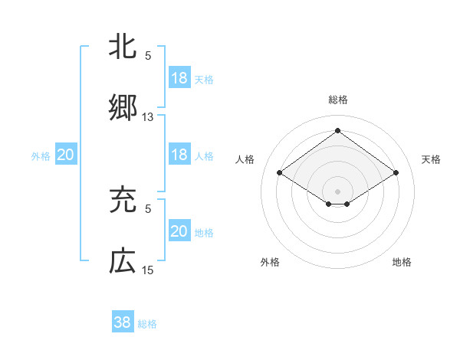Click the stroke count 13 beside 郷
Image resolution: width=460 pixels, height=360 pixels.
148,117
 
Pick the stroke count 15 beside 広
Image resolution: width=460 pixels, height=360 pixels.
148,270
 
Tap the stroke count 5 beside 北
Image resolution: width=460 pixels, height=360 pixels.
148,56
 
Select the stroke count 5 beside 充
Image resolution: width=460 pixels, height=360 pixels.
148,208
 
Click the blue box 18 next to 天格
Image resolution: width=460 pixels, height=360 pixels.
179,78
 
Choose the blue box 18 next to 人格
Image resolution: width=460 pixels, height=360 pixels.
179,155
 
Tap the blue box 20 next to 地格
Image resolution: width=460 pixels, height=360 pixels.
179,231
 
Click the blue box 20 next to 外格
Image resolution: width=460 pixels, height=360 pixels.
66,155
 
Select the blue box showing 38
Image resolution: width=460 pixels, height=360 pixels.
122,322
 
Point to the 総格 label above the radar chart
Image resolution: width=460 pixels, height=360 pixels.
337,100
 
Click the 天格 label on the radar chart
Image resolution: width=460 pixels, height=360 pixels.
431,159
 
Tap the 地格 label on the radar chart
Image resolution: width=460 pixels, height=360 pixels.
402,262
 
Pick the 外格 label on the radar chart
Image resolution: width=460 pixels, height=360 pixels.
270,262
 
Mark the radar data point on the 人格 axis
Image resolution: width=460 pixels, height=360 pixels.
280,173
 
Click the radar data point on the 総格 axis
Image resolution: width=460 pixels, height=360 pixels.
337,131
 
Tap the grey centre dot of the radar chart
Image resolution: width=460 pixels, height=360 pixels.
337,191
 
